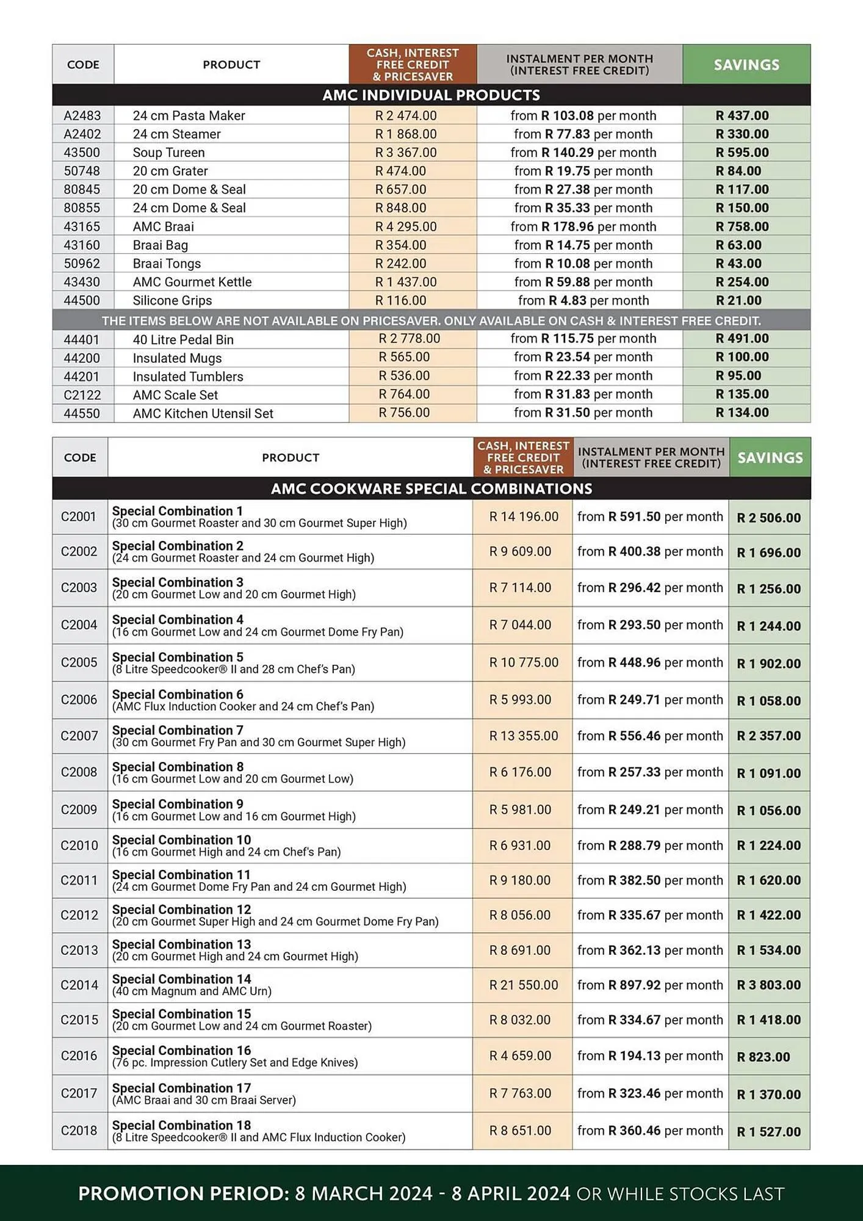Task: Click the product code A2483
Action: pyautogui.click(x=82, y=115)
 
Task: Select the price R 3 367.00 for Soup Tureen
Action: pyautogui.click(x=406, y=153)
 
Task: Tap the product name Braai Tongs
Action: pyautogui.click(x=167, y=264)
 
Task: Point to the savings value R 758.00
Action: pyautogui.click(x=742, y=226)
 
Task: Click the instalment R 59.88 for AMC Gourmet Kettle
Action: pyautogui.click(x=583, y=282)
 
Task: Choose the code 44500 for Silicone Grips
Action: pyautogui.click(x=82, y=300)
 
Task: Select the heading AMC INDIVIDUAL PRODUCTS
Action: pyautogui.click(x=431, y=95)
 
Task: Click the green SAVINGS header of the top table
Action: pyautogui.click(x=746, y=65)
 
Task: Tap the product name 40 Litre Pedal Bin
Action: pyautogui.click(x=183, y=339)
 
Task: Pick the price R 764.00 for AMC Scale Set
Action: pyautogui.click(x=404, y=394)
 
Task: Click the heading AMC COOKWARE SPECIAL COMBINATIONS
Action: pyautogui.click(x=431, y=488)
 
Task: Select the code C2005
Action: pyautogui.click(x=79, y=662)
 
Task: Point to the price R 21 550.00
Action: pyautogui.click(x=524, y=985)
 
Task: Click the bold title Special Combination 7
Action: pyautogui.click(x=178, y=730)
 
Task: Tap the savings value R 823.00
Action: pyautogui.click(x=763, y=1057)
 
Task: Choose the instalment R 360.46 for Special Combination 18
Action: pyautogui.click(x=650, y=1131)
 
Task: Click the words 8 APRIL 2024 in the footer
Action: pyautogui.click(x=511, y=1194)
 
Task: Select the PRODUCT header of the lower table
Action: pyautogui.click(x=291, y=457)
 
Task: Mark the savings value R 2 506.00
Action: pyautogui.click(x=768, y=518)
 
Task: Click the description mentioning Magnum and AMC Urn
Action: pyautogui.click(x=192, y=991)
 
